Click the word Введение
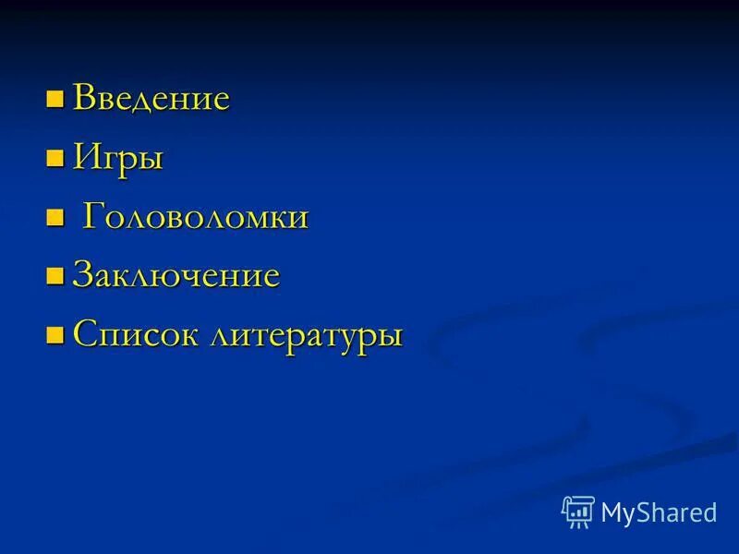coord(151,98)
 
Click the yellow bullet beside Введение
coord(55,96)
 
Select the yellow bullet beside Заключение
coord(55,274)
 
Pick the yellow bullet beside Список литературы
coord(55,332)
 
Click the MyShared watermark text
coord(659,512)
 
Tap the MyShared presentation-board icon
coord(578,512)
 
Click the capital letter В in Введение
coord(83,97)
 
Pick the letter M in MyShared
coord(612,512)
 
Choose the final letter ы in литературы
coord(392,336)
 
